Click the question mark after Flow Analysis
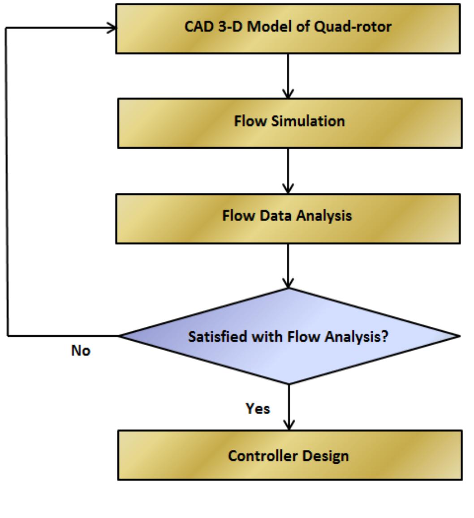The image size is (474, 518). pos(384,336)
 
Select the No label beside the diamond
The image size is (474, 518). pos(81,351)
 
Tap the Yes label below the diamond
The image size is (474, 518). pos(258,408)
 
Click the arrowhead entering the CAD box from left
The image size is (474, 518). pos(112,28)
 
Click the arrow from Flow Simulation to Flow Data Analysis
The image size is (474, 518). pos(288,170)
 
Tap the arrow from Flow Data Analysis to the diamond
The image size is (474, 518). pos(288,265)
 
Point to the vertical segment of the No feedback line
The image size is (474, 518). pos(7,179)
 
